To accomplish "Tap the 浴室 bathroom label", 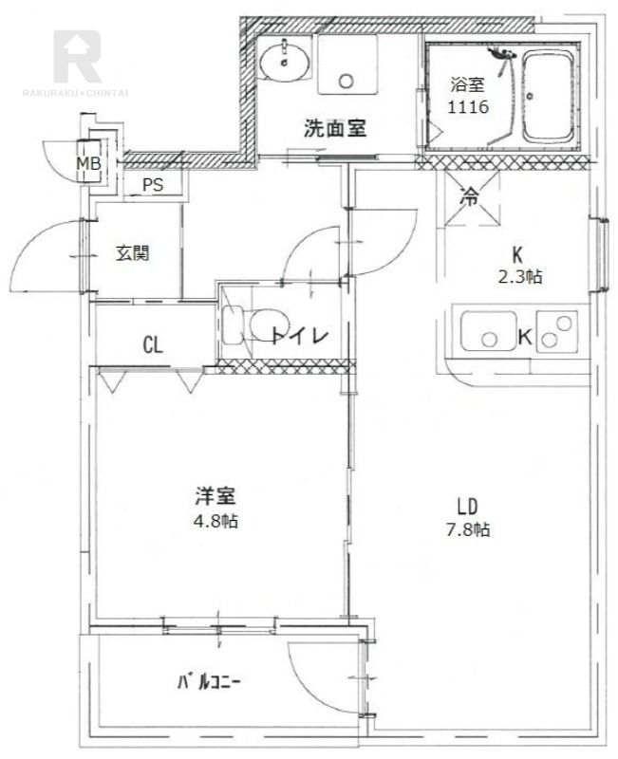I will [x=467, y=84].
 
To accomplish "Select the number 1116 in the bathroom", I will [x=467, y=107].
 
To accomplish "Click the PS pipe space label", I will [x=153, y=185].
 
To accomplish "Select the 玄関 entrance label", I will [x=132, y=253].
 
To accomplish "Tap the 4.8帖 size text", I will [x=215, y=522].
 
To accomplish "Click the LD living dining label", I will [x=463, y=504].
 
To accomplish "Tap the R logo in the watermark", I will [x=76, y=57].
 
